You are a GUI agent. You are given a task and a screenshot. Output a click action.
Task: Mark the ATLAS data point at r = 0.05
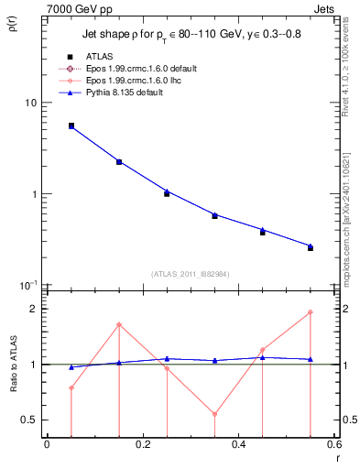[71, 125]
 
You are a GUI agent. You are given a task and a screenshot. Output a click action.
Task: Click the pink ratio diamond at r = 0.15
[119, 324]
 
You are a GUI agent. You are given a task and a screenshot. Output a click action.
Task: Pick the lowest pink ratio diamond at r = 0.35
[214, 414]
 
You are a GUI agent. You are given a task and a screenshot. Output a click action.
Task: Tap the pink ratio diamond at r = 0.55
[311, 312]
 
